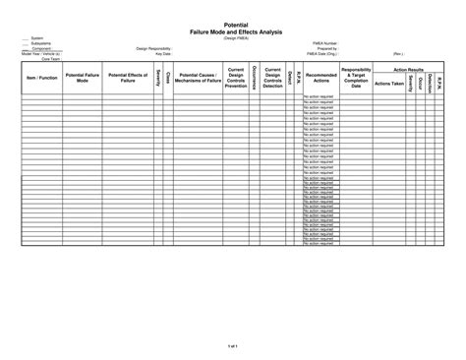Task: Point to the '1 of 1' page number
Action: (233, 347)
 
